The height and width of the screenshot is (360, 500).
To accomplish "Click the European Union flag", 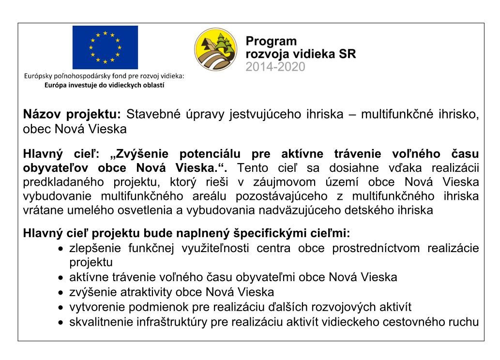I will [x=105, y=47].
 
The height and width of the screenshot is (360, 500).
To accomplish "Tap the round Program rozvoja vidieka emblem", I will [x=216, y=49].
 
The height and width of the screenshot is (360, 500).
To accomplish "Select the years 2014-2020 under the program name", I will [x=275, y=67].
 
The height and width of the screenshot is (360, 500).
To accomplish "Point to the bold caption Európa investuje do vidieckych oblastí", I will [x=105, y=85].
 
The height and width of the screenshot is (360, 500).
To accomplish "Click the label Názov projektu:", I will [x=72, y=115].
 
